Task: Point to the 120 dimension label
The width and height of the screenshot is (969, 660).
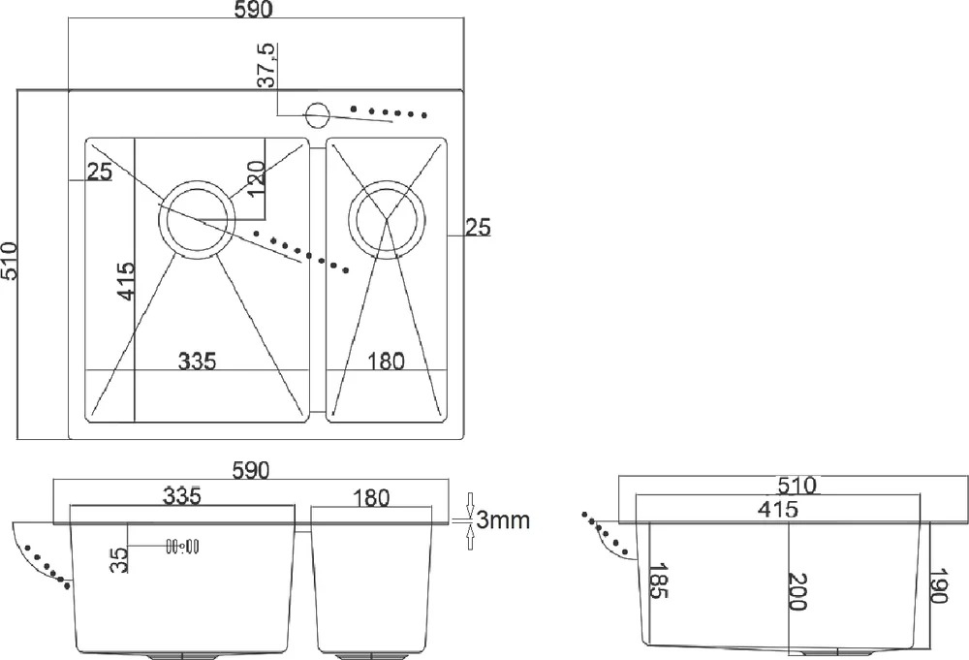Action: click(255, 178)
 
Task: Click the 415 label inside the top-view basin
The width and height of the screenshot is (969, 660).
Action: click(125, 281)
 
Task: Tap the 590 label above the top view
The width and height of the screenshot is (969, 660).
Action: click(253, 10)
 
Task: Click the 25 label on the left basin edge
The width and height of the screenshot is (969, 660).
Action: click(100, 172)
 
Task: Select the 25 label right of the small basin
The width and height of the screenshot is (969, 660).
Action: click(478, 228)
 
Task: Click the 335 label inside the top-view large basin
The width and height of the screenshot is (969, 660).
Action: click(197, 361)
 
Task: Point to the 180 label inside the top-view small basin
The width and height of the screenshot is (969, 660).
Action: click(387, 361)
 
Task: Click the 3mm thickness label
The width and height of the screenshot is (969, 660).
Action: click(503, 520)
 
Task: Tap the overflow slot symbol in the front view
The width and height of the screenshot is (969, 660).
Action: click(182, 547)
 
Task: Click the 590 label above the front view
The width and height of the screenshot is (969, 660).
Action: click(251, 471)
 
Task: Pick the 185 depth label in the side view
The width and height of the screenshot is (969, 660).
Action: click(659, 581)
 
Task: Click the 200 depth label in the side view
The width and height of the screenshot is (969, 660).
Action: click(797, 591)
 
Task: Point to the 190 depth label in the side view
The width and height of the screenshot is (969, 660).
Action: click(937, 585)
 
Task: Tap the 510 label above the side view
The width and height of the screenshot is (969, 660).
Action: click(797, 486)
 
